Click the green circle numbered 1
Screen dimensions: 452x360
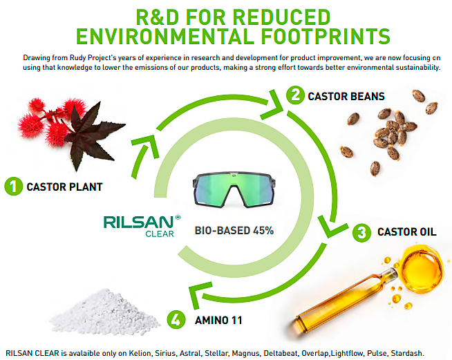coord(14,186)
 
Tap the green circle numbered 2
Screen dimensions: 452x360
coord(295,95)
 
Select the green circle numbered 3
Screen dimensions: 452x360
coord(361,233)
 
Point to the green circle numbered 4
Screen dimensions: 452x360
coord(176,320)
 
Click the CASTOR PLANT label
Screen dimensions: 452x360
coord(64,187)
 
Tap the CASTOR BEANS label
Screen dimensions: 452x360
coord(346,96)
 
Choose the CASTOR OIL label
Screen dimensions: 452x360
coord(407,231)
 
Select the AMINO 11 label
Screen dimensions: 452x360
coord(218,320)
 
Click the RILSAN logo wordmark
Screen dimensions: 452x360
coord(138,222)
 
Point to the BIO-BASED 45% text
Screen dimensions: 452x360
coord(234,231)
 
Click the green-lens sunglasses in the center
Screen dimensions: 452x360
coord(234,190)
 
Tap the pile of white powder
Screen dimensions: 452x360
coord(104,312)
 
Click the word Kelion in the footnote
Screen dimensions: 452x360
coord(140,353)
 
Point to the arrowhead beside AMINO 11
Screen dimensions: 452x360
coord(199,294)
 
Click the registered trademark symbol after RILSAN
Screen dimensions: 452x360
coord(178,218)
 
